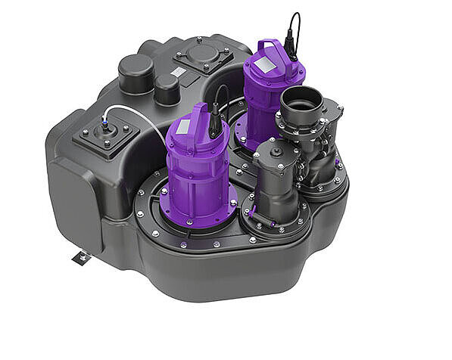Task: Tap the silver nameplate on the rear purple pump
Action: point(265,66)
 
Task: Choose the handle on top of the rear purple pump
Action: point(270,51)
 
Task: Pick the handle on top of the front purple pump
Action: point(195,115)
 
